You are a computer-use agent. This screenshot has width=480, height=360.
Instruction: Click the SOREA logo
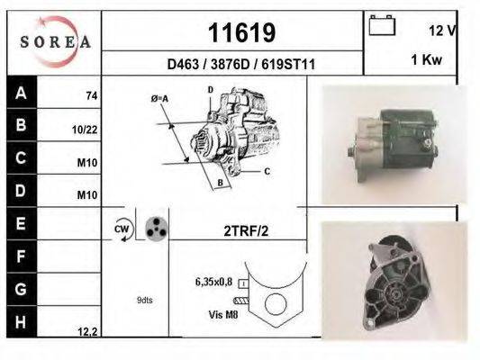(x=55, y=41)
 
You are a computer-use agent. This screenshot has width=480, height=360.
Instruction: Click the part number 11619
(x=241, y=33)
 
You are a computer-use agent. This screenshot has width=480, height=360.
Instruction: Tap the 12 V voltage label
(x=442, y=30)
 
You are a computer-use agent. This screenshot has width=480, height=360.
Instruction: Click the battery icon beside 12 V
(x=383, y=25)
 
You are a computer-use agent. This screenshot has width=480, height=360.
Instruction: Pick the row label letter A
(x=21, y=93)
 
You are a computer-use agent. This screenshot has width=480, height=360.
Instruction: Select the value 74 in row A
(x=91, y=95)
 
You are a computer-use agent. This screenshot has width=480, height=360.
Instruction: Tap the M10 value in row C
(x=87, y=163)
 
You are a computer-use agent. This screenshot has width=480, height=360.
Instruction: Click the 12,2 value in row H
(x=87, y=331)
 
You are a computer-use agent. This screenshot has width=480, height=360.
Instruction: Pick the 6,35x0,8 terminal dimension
(x=214, y=282)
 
